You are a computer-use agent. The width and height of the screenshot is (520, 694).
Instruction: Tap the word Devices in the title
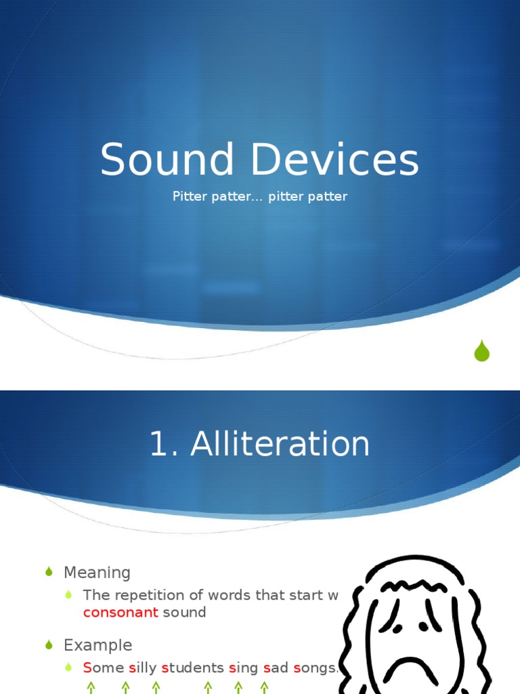[x=336, y=161]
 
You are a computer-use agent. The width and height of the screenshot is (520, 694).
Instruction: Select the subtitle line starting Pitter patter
[x=260, y=197]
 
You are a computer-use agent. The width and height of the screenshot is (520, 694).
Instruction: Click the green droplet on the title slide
[x=481, y=350]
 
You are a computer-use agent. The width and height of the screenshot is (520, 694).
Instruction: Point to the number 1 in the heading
[x=158, y=444]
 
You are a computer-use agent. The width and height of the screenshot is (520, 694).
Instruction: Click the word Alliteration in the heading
[x=280, y=444]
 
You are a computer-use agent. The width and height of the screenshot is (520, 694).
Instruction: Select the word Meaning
[x=97, y=573]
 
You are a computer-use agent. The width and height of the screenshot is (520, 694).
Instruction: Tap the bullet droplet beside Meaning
[x=49, y=573]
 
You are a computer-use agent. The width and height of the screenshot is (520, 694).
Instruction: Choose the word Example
[x=97, y=645]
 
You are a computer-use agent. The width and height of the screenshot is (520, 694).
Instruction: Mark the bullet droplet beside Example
[x=49, y=645]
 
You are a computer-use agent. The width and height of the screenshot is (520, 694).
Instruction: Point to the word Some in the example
[x=103, y=668]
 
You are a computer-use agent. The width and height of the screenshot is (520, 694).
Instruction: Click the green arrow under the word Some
[x=91, y=687]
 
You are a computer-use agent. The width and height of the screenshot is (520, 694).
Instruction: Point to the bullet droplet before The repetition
[x=68, y=595]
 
